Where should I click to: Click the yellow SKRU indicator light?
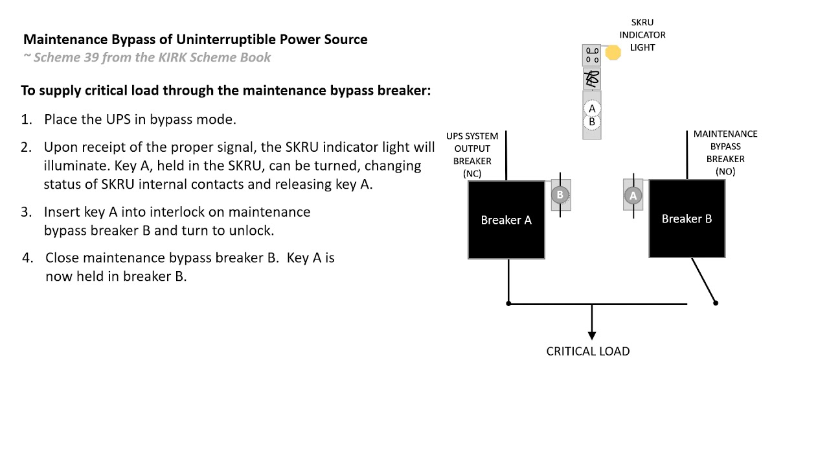click(x=613, y=53)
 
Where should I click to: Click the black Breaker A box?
click(x=506, y=220)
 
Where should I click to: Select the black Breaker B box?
click(x=687, y=219)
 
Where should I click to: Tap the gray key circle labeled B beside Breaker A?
click(x=560, y=195)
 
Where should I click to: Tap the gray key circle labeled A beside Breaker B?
click(x=633, y=195)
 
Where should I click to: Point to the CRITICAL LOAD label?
click(x=587, y=351)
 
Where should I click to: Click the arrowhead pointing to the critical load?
click(x=591, y=335)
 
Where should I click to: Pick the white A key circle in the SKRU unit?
click(x=591, y=109)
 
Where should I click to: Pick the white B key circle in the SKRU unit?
click(x=591, y=122)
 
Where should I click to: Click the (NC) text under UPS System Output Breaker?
click(x=472, y=173)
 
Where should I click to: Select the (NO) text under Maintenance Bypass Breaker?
click(x=725, y=171)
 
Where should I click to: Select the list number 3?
click(x=26, y=212)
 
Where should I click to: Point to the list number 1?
click(x=26, y=119)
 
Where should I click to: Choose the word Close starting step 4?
click(x=62, y=257)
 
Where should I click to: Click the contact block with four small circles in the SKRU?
click(x=592, y=55)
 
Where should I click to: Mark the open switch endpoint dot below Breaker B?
click(x=716, y=302)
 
